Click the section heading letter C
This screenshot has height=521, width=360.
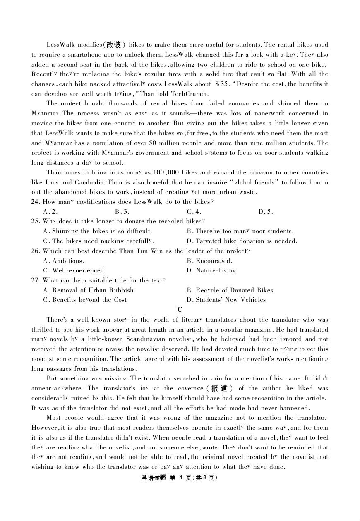pos(180,309)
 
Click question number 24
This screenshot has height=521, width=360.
pos(36,202)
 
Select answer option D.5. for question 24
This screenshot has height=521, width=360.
pos(266,212)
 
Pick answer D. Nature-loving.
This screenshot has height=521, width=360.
pos(212,270)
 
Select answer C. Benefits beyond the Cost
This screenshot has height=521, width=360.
pos(85,300)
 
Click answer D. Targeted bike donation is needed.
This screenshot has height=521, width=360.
pos(242,241)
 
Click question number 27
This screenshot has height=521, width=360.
pos(36,280)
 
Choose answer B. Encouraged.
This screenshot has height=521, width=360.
pos(209,260)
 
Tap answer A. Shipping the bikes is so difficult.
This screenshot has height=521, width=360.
pos(97,231)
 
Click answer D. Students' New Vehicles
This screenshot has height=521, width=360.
pos(226,300)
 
